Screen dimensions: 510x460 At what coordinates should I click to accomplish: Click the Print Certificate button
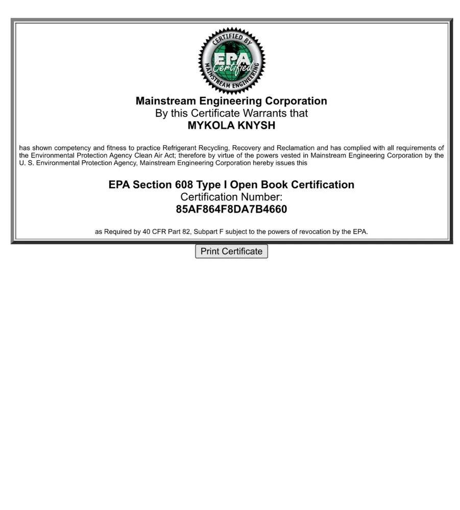point(231,251)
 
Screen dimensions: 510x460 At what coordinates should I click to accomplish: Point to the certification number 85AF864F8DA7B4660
point(231,209)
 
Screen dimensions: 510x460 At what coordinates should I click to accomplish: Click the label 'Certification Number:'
point(231,197)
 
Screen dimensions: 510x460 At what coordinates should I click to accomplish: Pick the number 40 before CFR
point(147,232)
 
